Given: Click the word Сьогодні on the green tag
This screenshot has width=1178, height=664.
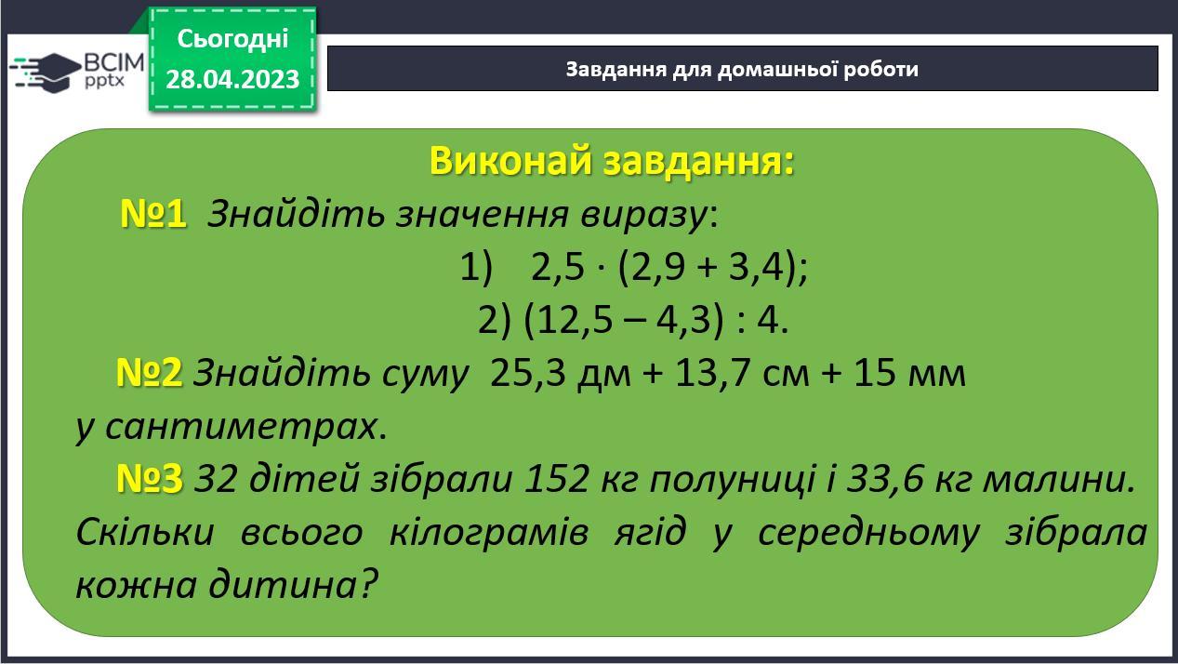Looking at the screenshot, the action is click(x=233, y=39).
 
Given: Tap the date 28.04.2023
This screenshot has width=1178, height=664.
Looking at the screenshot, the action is click(x=232, y=79).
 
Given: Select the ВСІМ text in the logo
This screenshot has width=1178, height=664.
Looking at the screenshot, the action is click(x=114, y=63).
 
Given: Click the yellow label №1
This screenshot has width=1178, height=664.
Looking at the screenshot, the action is click(x=153, y=214).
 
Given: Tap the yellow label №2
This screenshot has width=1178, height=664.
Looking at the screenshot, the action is click(x=149, y=373).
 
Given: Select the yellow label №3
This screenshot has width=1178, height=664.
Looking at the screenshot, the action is click(x=150, y=478).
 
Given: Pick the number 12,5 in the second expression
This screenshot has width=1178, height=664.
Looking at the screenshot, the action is click(x=575, y=320).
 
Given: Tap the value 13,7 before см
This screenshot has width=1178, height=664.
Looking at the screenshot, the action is click(x=712, y=373).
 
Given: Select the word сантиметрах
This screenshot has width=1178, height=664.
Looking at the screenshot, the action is click(x=242, y=427).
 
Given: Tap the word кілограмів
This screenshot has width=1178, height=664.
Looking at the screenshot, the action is click(x=488, y=533).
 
